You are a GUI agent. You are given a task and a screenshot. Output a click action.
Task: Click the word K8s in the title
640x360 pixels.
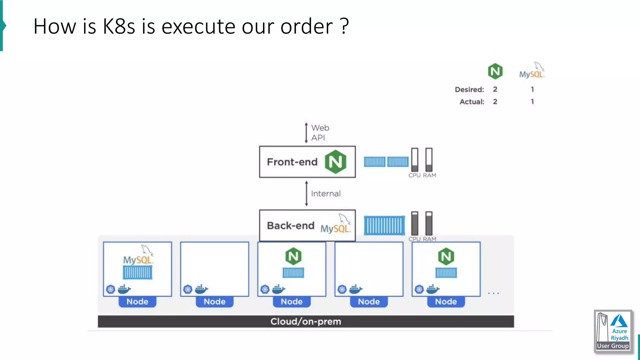119,26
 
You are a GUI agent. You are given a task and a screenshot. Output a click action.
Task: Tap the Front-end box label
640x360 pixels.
292,162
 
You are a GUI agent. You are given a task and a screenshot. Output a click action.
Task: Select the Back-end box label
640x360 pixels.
291,226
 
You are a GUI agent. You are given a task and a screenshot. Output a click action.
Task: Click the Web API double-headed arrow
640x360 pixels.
306,133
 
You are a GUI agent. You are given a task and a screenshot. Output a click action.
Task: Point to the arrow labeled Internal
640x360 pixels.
307,193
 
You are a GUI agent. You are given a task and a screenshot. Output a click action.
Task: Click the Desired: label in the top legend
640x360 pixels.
469,90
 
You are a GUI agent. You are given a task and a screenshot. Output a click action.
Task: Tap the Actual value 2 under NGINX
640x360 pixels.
495,102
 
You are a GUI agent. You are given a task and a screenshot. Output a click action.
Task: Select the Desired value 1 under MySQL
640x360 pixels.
532,89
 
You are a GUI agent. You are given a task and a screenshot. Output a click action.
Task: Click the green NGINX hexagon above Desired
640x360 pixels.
495,71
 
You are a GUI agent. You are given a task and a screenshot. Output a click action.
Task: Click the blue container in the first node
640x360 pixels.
137,272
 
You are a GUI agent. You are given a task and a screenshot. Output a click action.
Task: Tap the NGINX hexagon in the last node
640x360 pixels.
446,256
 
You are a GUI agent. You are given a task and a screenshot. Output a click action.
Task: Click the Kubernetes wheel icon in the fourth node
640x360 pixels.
342,289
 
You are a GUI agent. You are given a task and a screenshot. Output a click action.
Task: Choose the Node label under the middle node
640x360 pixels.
292,302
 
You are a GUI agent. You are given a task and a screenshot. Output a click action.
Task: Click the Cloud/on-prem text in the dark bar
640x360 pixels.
306,322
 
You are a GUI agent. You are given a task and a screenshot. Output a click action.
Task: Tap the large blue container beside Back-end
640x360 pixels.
384,226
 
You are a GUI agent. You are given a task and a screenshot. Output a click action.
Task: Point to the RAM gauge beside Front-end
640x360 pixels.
429,160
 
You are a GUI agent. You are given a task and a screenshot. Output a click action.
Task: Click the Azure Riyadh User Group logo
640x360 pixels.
613,332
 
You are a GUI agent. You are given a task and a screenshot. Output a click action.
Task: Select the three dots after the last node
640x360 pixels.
493,293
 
